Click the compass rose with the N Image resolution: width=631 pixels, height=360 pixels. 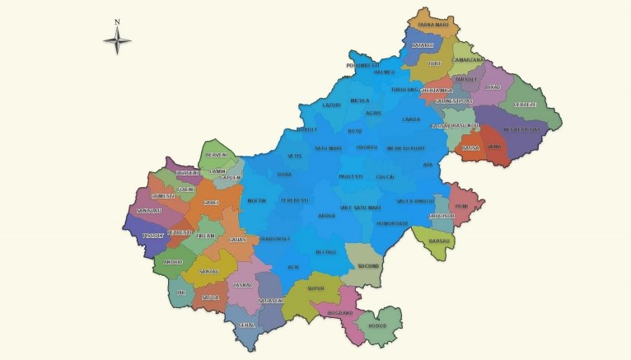click(x=118, y=38)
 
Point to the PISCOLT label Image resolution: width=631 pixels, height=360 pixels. click(x=154, y=236)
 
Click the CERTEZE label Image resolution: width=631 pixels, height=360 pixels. click(x=526, y=105)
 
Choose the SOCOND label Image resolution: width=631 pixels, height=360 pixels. click(x=367, y=266)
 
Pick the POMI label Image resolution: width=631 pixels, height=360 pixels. click(x=461, y=206)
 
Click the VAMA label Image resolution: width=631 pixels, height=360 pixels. click(x=494, y=146)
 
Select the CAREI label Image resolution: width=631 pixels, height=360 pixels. click(x=211, y=202)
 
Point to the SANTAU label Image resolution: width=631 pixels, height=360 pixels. click(x=208, y=270)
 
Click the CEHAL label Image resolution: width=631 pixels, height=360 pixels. click(x=245, y=325)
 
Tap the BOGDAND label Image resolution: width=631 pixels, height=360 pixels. click(x=340, y=313)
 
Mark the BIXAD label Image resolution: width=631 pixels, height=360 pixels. click(x=493, y=86)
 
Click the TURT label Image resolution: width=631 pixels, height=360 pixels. click(x=435, y=63)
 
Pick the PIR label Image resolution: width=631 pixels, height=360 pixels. click(x=181, y=292)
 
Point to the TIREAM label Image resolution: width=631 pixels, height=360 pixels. click(x=205, y=236)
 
